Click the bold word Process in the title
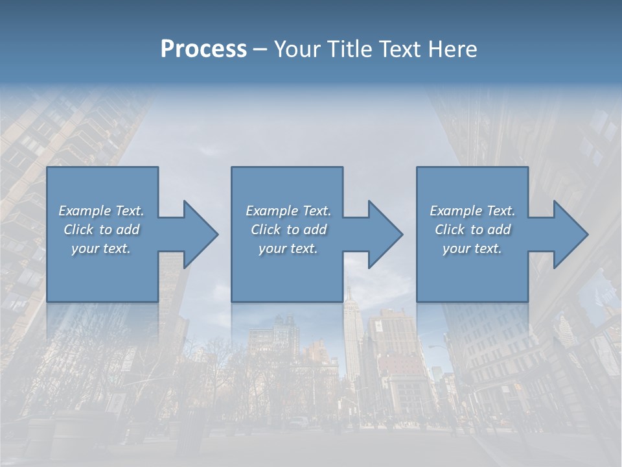pos(203,49)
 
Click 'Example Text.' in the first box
pos(101,211)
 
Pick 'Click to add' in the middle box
pos(288,230)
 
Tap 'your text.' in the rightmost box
pos(472,248)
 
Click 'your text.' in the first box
pos(101,248)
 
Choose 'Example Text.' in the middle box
pos(288,211)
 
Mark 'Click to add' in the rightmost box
pos(472,230)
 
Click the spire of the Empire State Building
pos(348,289)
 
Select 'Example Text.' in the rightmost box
pos(472,211)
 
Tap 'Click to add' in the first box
pos(101,230)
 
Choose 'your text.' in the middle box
pos(288,248)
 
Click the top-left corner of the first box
pos(48,168)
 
